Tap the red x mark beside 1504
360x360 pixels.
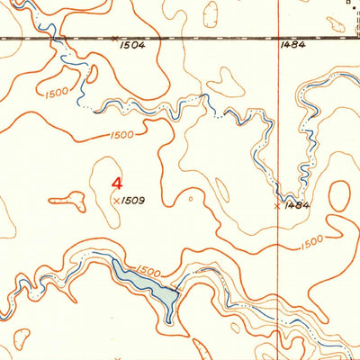[115, 38]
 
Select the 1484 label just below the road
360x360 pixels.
[293, 43]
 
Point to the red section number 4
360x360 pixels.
[117, 180]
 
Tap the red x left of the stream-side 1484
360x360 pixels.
[276, 206]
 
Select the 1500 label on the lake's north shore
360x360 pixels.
[148, 272]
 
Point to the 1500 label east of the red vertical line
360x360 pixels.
[311, 243]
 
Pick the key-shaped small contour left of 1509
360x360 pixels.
[68, 200]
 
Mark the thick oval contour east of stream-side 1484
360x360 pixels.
[340, 200]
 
